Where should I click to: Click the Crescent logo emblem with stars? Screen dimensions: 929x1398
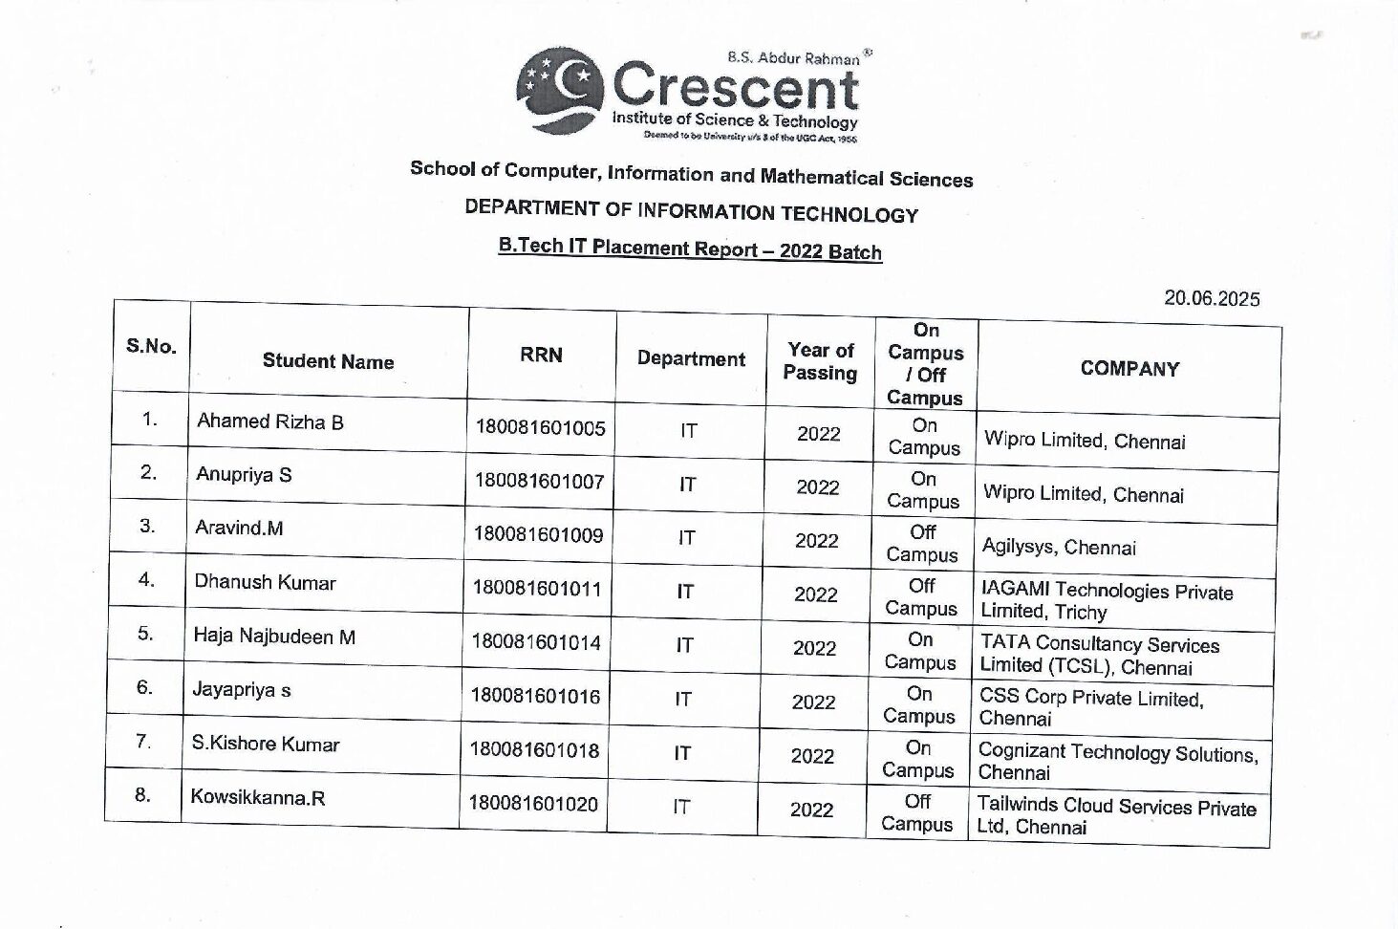click(560, 88)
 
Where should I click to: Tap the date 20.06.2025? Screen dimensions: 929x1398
click(1211, 298)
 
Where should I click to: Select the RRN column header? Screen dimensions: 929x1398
click(541, 355)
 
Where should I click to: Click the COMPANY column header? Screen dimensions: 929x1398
click(1129, 369)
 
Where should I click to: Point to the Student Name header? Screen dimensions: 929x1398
click(328, 361)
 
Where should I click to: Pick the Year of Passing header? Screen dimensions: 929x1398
click(820, 362)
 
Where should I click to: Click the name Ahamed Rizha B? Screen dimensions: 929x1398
click(270, 421)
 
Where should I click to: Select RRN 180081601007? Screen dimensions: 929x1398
click(539, 482)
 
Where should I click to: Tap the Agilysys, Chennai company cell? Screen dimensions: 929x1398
click(1059, 548)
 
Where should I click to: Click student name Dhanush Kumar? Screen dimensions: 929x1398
click(265, 582)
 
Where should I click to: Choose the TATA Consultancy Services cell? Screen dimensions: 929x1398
click(1099, 655)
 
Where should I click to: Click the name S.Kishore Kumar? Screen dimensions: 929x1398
click(266, 744)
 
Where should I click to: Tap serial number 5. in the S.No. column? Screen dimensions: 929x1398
click(145, 633)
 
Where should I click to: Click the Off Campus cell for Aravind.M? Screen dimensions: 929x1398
click(922, 543)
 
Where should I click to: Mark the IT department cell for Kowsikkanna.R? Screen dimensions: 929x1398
click(680, 808)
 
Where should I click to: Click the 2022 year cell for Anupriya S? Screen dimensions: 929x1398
click(818, 487)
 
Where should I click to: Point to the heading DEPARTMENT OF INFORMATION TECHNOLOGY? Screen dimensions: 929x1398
click(691, 211)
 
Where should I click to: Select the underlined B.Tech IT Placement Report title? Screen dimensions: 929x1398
click(689, 248)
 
